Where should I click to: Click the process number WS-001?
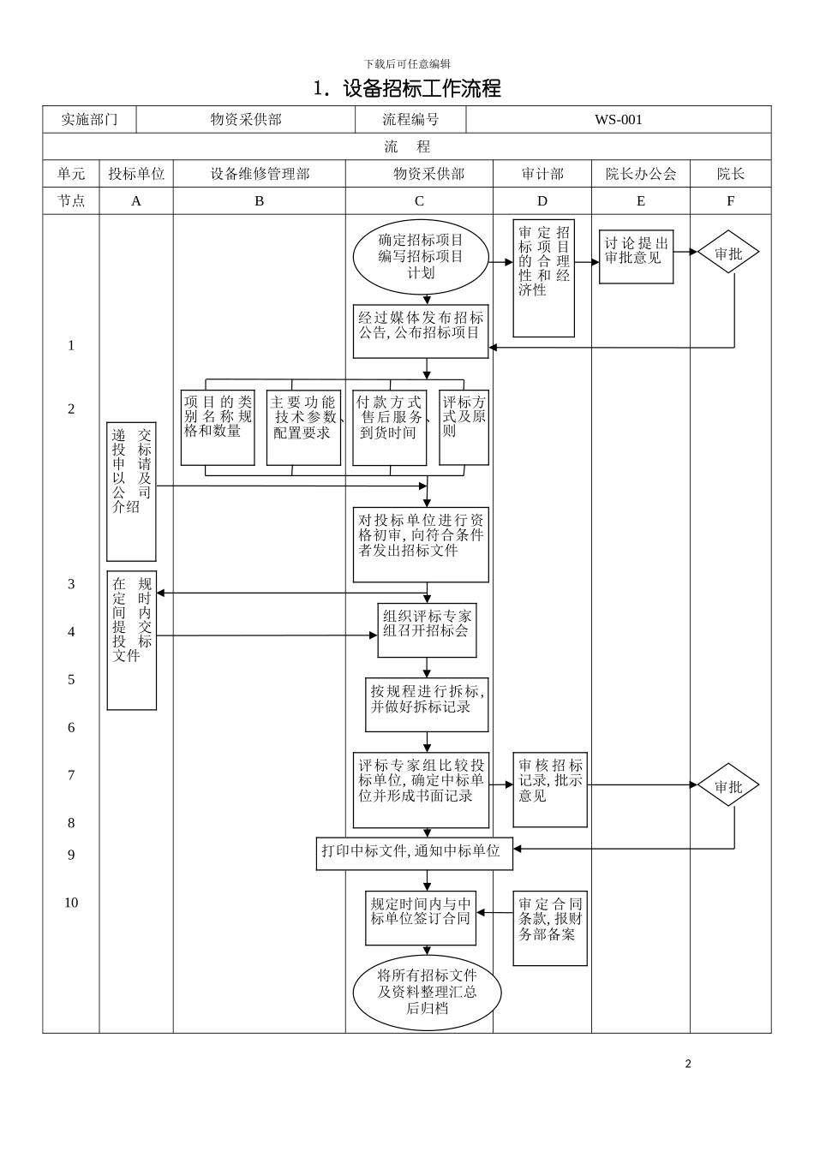tap(618, 120)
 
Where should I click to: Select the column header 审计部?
tap(542, 174)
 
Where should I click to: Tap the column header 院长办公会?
tap(640, 174)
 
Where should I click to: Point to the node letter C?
tap(419, 201)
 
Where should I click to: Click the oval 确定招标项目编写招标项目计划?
tap(421, 257)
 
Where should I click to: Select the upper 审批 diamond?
tap(728, 253)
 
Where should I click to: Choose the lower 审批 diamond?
tap(728, 785)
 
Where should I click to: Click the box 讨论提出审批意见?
tap(636, 255)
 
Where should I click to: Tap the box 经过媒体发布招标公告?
tap(421, 331)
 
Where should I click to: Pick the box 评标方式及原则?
tap(464, 426)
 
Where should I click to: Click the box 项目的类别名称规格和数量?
tap(218, 426)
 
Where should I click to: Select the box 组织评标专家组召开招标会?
tap(427, 630)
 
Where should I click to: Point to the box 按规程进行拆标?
tap(427, 704)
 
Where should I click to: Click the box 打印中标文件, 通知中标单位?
tap(414, 853)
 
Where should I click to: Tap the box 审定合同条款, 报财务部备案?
tap(550, 927)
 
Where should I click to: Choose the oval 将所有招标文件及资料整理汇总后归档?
tap(427, 993)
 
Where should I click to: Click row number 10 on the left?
tap(71, 903)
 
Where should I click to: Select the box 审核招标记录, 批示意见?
tap(550, 790)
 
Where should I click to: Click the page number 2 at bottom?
tap(688, 1065)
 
